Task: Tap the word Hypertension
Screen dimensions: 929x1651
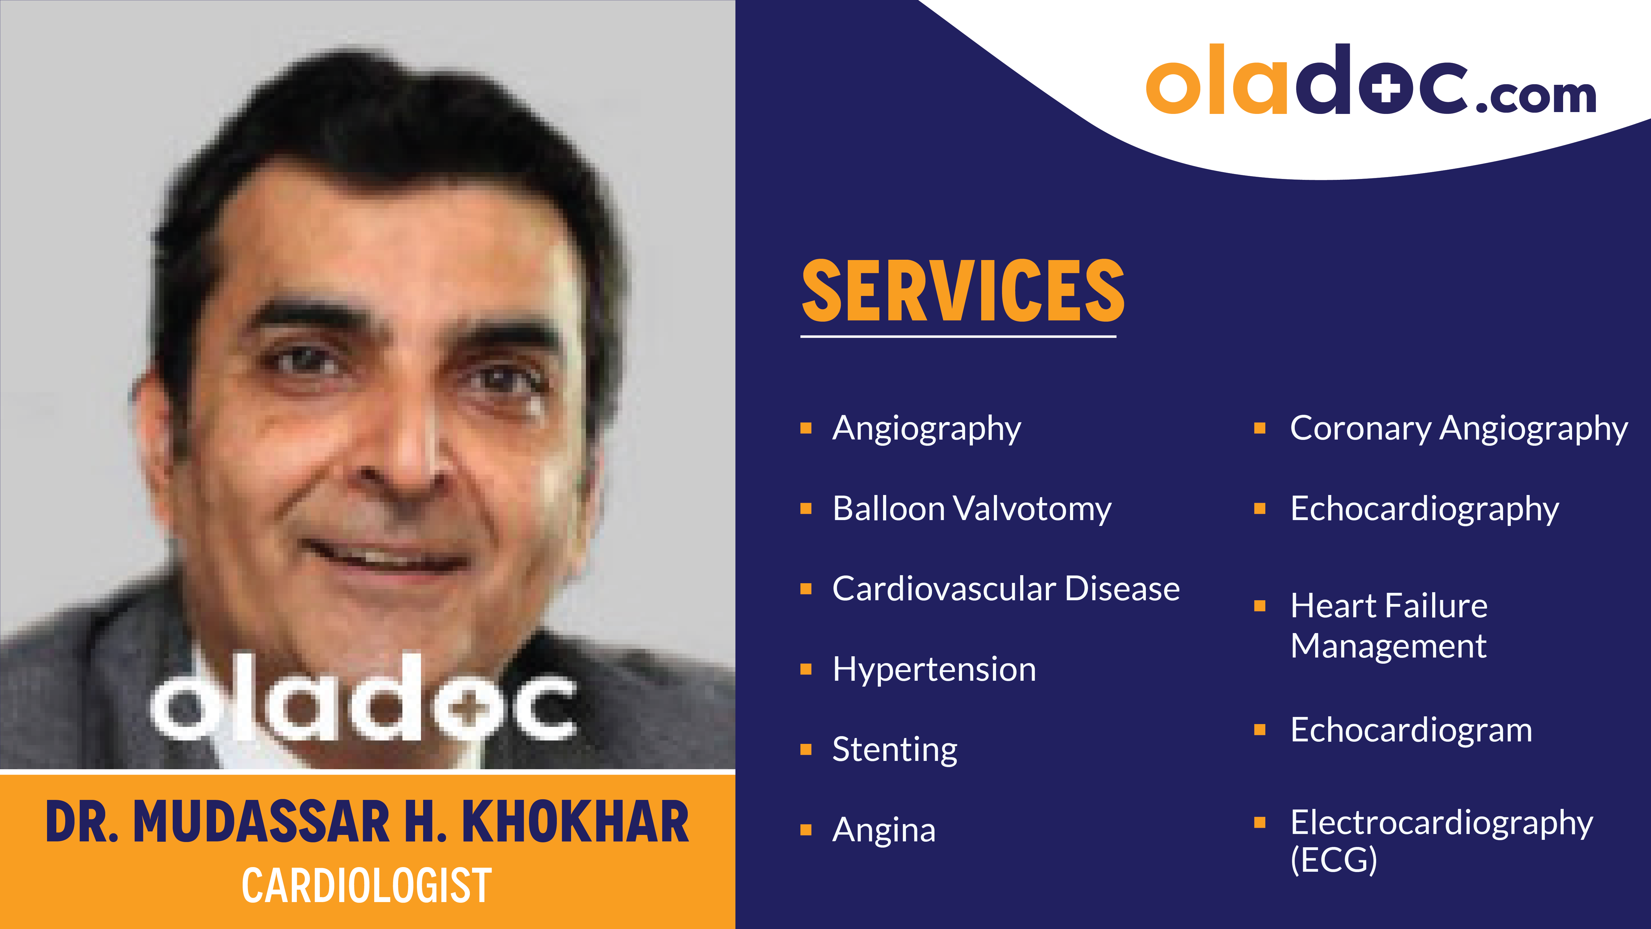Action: click(934, 669)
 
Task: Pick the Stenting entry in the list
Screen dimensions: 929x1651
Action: click(895, 749)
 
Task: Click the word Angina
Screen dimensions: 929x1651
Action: click(884, 830)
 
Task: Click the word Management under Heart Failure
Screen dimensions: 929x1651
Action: click(1388, 646)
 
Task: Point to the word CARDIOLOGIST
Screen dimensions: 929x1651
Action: click(366, 885)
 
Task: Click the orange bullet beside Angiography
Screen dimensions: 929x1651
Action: click(806, 428)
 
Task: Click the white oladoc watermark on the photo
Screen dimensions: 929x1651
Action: click(363, 699)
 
